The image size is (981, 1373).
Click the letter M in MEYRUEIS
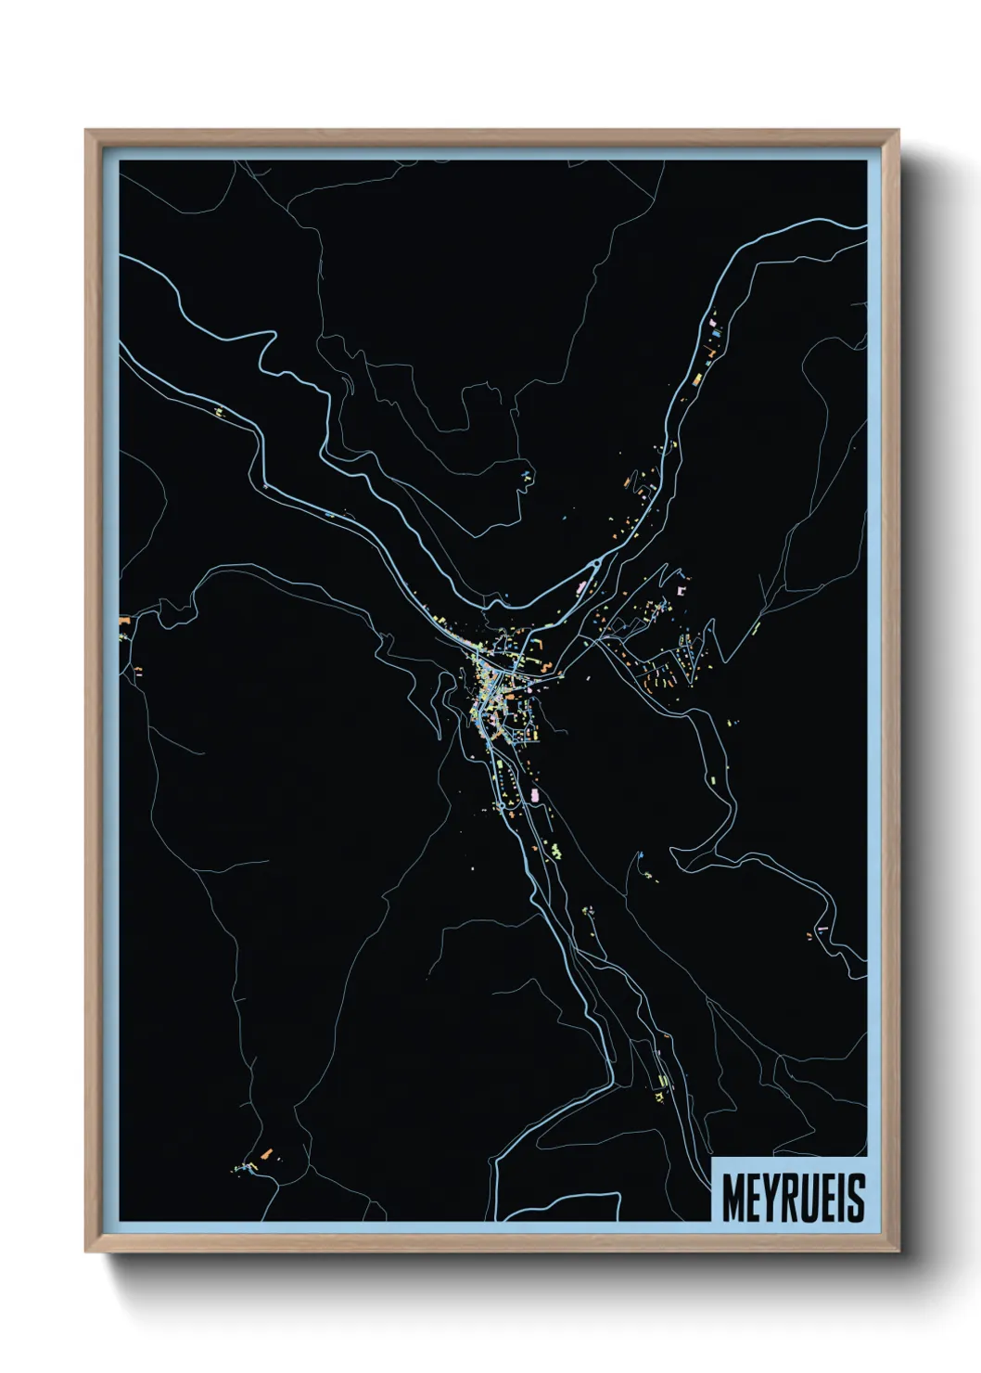coord(733,1199)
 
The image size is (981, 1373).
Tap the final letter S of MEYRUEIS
coord(856,1199)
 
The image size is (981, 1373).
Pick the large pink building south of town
coord(535,795)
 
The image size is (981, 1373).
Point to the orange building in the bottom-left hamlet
coord(266,1154)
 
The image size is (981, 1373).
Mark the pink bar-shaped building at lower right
coord(822,928)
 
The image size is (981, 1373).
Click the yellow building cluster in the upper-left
coord(220,410)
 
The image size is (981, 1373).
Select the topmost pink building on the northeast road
coord(712,324)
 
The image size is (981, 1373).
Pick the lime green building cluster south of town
coord(555,850)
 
